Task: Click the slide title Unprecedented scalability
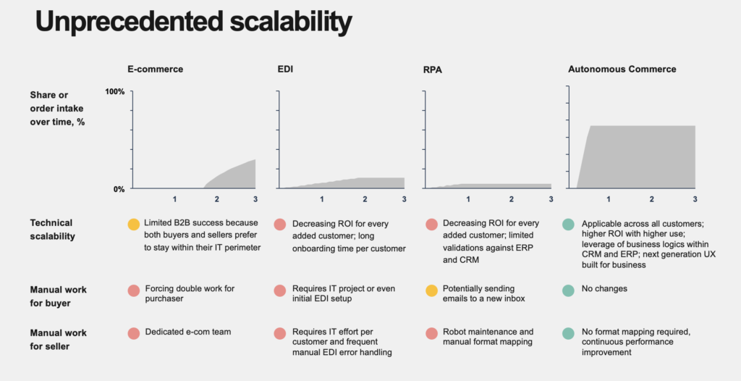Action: [193, 22]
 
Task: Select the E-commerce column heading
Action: [155, 70]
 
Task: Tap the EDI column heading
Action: [285, 70]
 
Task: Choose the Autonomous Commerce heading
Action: [622, 70]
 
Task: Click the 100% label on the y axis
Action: [115, 92]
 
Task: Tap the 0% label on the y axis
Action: [118, 189]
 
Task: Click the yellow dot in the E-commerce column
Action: [133, 225]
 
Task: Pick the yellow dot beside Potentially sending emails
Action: [431, 290]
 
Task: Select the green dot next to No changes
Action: [569, 290]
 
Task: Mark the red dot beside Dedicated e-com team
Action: [133, 333]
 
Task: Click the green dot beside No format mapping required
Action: [569, 333]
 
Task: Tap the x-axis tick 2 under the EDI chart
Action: [364, 199]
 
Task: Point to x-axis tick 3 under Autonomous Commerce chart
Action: [695, 199]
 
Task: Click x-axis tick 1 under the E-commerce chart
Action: [174, 199]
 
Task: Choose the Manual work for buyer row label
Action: [58, 296]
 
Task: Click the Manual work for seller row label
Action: [58, 339]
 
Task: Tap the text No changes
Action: [604, 289]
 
